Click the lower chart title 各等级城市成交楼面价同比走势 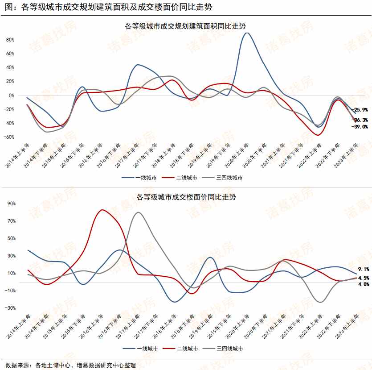(x=185, y=197)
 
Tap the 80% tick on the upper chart (x=10, y=40)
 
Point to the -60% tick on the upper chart (x=9, y=137)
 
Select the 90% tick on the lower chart (x=11, y=204)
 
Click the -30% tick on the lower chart (x=9, y=308)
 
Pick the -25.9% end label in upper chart (x=360, y=110)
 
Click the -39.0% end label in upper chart (x=360, y=127)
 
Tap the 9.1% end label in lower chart (x=363, y=269)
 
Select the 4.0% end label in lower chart (x=363, y=284)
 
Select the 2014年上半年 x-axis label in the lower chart (x=19, y=328)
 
